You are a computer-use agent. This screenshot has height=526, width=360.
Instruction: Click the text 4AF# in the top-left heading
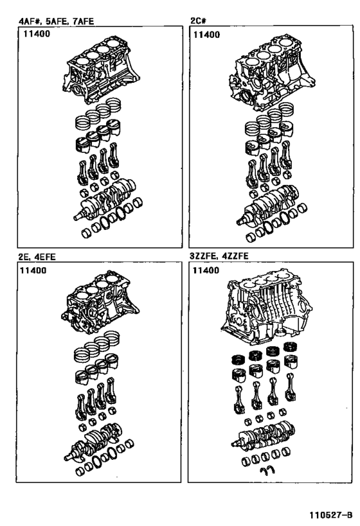coord(30,21)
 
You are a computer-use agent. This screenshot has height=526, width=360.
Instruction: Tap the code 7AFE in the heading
coord(84,21)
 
